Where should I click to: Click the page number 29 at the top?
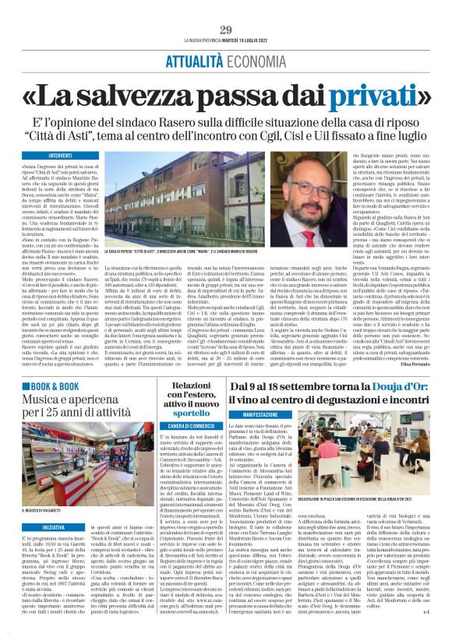[226, 30]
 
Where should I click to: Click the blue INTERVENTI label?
[61, 156]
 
